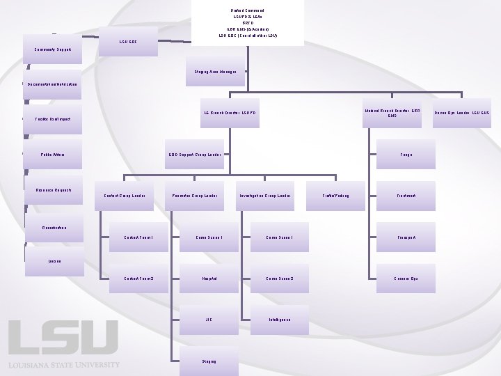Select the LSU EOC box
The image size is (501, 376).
(x=128, y=42)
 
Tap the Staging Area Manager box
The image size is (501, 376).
(x=214, y=72)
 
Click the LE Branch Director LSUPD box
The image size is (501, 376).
(x=230, y=113)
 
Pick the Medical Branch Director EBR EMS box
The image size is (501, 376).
(x=392, y=113)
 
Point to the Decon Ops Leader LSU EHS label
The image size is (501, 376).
(x=462, y=113)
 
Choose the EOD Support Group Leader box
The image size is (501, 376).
(x=195, y=155)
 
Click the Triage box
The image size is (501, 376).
(x=406, y=155)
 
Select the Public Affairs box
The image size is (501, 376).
(x=53, y=155)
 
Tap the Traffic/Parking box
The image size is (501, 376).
(x=336, y=196)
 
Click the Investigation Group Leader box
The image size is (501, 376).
(x=264, y=196)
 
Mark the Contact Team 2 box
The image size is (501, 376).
(x=138, y=279)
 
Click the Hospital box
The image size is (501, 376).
(x=209, y=279)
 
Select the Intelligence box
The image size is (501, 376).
(x=279, y=320)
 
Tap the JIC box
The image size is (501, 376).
(x=209, y=320)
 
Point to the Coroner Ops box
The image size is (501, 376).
(x=406, y=279)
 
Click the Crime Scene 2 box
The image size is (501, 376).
(x=279, y=279)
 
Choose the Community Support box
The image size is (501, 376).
(x=53, y=49)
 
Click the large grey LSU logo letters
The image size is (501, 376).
(x=63, y=338)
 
